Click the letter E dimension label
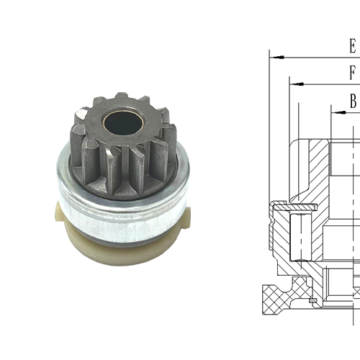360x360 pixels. (x=352, y=47)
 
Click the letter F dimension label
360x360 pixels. (x=352, y=73)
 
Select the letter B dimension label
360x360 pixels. (x=353, y=102)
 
